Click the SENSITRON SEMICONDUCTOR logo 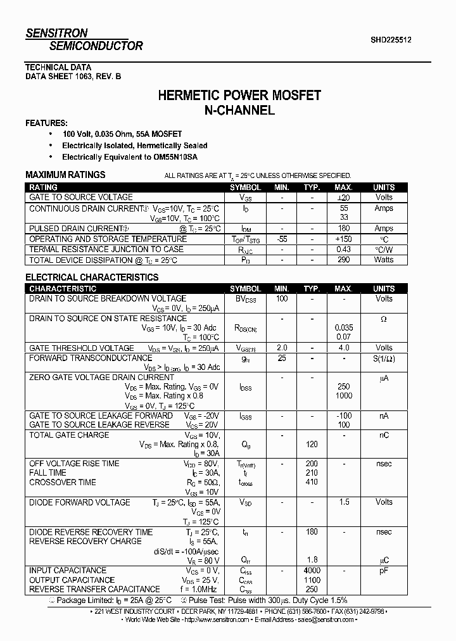pos(84,39)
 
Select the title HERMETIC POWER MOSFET pos(239,96)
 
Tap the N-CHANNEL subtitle pos(239,110)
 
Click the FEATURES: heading pos(46,123)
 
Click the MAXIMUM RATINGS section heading pos(65,175)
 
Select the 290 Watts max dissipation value pos(344,260)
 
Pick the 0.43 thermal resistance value pos(344,250)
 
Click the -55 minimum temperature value pos(281,239)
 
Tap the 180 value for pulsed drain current pos(344,229)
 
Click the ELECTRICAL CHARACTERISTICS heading pos(92,277)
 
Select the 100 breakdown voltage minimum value pos(281,298)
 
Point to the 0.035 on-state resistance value pos(344,328)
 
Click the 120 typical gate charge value pos(312,445)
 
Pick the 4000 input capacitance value pos(312,570)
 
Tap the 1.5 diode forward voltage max pos(344,502)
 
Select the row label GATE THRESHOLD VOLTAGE pos(82,348)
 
